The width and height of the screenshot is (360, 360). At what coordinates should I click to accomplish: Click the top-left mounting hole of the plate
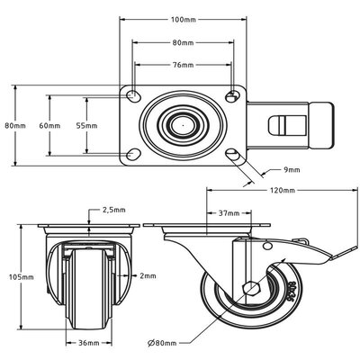[x=133, y=95]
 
